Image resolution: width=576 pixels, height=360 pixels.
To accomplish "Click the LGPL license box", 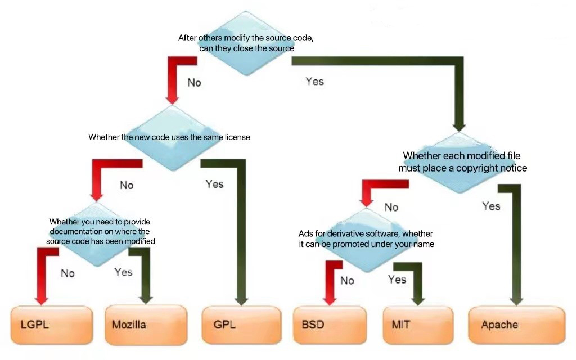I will (x=52, y=325).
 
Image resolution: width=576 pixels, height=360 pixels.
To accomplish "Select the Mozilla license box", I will (x=145, y=325).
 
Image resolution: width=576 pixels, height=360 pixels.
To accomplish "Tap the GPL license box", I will (x=241, y=325).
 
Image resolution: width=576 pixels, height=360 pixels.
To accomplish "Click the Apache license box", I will (x=516, y=325).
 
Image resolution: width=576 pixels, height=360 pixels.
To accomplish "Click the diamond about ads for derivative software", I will (x=367, y=238).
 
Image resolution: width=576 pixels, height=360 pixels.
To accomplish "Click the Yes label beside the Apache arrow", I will (x=491, y=206).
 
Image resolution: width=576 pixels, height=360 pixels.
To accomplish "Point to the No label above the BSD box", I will (x=347, y=280).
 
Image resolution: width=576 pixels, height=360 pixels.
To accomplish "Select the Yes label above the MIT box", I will (x=397, y=280).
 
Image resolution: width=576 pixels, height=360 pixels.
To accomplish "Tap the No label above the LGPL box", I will (x=67, y=273).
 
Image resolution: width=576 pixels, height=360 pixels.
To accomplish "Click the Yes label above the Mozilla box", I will (x=123, y=272).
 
